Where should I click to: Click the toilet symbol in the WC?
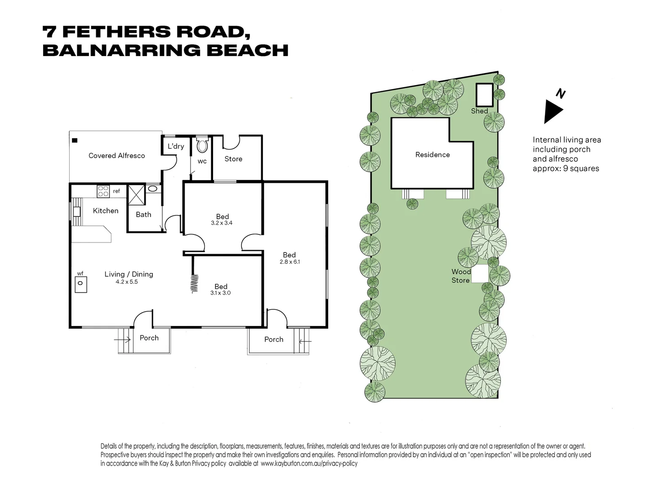point(202,145)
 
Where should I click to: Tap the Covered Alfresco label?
point(116,155)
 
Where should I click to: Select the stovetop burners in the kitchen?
point(103,191)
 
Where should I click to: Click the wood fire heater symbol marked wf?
point(80,285)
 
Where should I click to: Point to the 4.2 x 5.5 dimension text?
point(127,282)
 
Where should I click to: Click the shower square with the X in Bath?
point(137,195)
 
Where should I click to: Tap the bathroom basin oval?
point(152,189)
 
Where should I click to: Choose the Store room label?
point(233,159)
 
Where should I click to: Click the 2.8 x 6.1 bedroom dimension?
point(290,262)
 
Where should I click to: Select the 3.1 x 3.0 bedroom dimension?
point(220,293)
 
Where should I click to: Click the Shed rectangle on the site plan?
point(484,95)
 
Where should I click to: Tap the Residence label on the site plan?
point(432,154)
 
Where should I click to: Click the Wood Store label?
point(461,276)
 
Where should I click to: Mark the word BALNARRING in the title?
point(121,50)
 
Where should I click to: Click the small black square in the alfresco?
point(75,141)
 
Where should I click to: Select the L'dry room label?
point(176,146)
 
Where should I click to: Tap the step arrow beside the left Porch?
point(122,339)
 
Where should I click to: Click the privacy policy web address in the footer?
point(309,463)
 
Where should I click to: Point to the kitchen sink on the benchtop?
point(76,212)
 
